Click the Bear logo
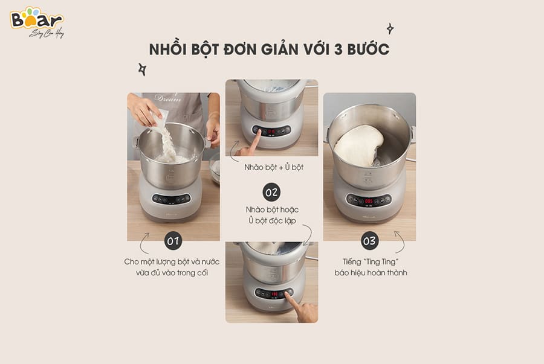point(36,22)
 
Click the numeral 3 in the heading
point(338,49)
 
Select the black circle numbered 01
point(173,241)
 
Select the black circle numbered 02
point(271,192)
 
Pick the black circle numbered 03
point(369,241)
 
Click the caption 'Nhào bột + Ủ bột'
point(274,167)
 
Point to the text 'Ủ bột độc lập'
point(272,220)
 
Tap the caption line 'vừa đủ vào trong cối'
point(172,273)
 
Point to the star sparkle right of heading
point(390,29)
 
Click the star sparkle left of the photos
point(142,69)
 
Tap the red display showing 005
point(369,201)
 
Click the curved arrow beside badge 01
point(143,243)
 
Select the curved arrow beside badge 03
point(401,241)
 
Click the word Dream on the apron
point(168,98)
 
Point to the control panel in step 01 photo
point(172,199)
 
